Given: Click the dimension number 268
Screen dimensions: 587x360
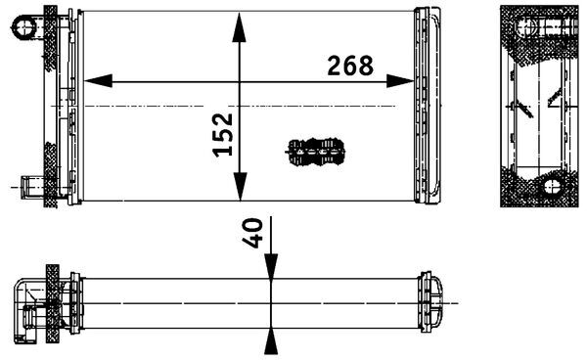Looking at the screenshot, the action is click(x=350, y=66).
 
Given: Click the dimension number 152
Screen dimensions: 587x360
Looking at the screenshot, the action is click(x=223, y=134).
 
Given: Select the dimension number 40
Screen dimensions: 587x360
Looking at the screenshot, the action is click(x=252, y=233).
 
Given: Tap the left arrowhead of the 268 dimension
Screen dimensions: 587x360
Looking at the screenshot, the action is click(x=98, y=81).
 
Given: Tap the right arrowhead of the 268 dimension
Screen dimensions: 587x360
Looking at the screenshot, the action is click(x=400, y=81).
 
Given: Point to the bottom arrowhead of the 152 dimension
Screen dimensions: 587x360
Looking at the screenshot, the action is click(x=240, y=187).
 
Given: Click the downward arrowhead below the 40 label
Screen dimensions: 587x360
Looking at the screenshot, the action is click(x=271, y=266).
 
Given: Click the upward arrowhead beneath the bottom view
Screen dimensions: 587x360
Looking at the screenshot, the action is click(x=271, y=341).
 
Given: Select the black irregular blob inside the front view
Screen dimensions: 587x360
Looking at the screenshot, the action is click(x=315, y=152).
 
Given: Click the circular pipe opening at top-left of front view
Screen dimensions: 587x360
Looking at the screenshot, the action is click(x=23, y=26).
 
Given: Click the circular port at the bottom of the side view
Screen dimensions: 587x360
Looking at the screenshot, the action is click(x=552, y=186).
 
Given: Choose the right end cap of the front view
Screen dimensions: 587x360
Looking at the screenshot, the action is click(x=428, y=106).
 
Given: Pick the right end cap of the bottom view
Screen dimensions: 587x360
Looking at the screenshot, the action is click(x=430, y=302).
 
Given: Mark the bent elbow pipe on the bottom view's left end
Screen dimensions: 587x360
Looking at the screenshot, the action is click(x=26, y=311).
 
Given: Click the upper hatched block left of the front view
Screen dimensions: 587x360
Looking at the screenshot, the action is click(x=51, y=38).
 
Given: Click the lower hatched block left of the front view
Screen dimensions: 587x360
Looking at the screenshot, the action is click(x=51, y=175).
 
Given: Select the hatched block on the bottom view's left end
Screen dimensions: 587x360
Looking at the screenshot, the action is click(x=53, y=303).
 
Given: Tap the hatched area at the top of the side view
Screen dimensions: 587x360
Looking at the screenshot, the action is click(x=539, y=32).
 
